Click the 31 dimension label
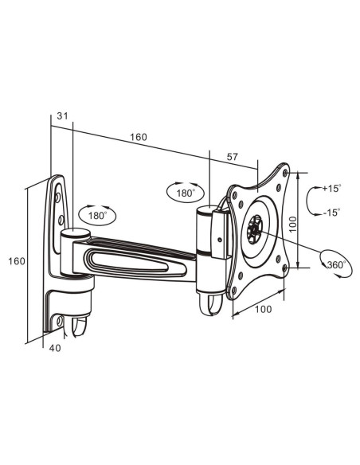(x=62, y=116)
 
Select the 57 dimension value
(x=233, y=157)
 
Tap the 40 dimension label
(x=55, y=348)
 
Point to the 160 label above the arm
(x=139, y=137)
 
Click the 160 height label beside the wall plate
(x=17, y=261)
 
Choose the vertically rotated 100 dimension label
(x=292, y=225)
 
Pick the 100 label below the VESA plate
(x=264, y=309)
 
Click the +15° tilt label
(x=331, y=188)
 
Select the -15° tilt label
(x=331, y=213)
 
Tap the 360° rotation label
(x=337, y=264)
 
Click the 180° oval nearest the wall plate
(x=97, y=215)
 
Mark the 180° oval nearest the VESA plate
(x=186, y=193)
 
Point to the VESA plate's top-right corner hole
(x=285, y=172)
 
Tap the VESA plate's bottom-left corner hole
(x=234, y=291)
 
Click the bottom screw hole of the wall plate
(x=60, y=321)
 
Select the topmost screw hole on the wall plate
(x=58, y=197)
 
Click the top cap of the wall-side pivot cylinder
(x=76, y=232)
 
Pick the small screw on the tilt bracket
(x=219, y=240)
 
